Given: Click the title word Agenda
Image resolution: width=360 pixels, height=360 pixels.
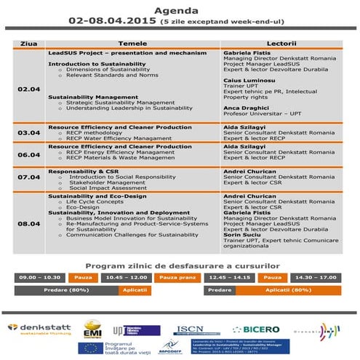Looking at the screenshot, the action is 180,10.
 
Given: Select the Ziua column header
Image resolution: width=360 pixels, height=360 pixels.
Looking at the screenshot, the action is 28,44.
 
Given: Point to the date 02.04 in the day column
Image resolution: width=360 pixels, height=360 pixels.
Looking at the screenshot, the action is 28,89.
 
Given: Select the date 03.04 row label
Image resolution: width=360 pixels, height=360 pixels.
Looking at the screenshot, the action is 28,132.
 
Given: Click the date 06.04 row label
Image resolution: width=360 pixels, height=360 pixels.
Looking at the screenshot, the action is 28,154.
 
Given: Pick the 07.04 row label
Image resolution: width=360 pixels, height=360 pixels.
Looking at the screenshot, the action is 28,177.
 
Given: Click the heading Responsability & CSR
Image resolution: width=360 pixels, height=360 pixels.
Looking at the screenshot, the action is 84,170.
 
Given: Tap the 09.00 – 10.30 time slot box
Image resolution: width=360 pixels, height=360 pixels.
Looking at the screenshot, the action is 40,276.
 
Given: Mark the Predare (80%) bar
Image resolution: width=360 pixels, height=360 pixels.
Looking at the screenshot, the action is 65,289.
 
